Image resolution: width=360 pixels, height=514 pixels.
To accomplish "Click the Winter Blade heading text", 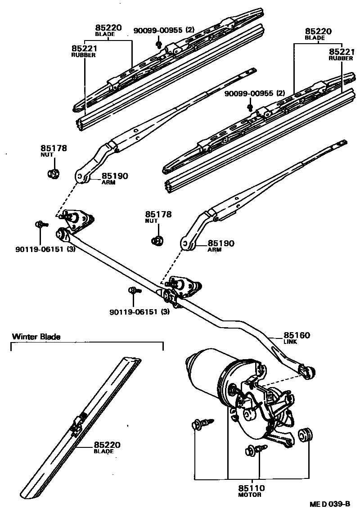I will [x=36, y=336].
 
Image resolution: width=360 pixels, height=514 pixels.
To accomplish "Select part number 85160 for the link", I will [x=297, y=335].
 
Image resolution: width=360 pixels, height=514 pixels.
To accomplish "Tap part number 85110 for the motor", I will [x=252, y=488].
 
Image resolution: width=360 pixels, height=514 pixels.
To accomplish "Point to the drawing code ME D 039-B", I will [x=329, y=505].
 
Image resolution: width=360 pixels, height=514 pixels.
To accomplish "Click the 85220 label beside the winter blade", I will [x=107, y=445].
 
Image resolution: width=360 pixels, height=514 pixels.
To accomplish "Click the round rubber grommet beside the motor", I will [x=306, y=434].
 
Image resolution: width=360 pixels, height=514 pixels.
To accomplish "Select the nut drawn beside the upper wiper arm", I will [x=54, y=173].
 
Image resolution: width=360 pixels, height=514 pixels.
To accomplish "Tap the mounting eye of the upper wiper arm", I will [x=81, y=177].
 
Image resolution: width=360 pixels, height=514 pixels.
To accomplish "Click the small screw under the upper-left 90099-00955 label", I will [x=159, y=44].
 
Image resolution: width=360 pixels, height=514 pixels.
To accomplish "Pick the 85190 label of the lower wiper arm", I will [x=221, y=243].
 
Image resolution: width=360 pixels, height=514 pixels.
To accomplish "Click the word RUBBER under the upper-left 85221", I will [x=84, y=55].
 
